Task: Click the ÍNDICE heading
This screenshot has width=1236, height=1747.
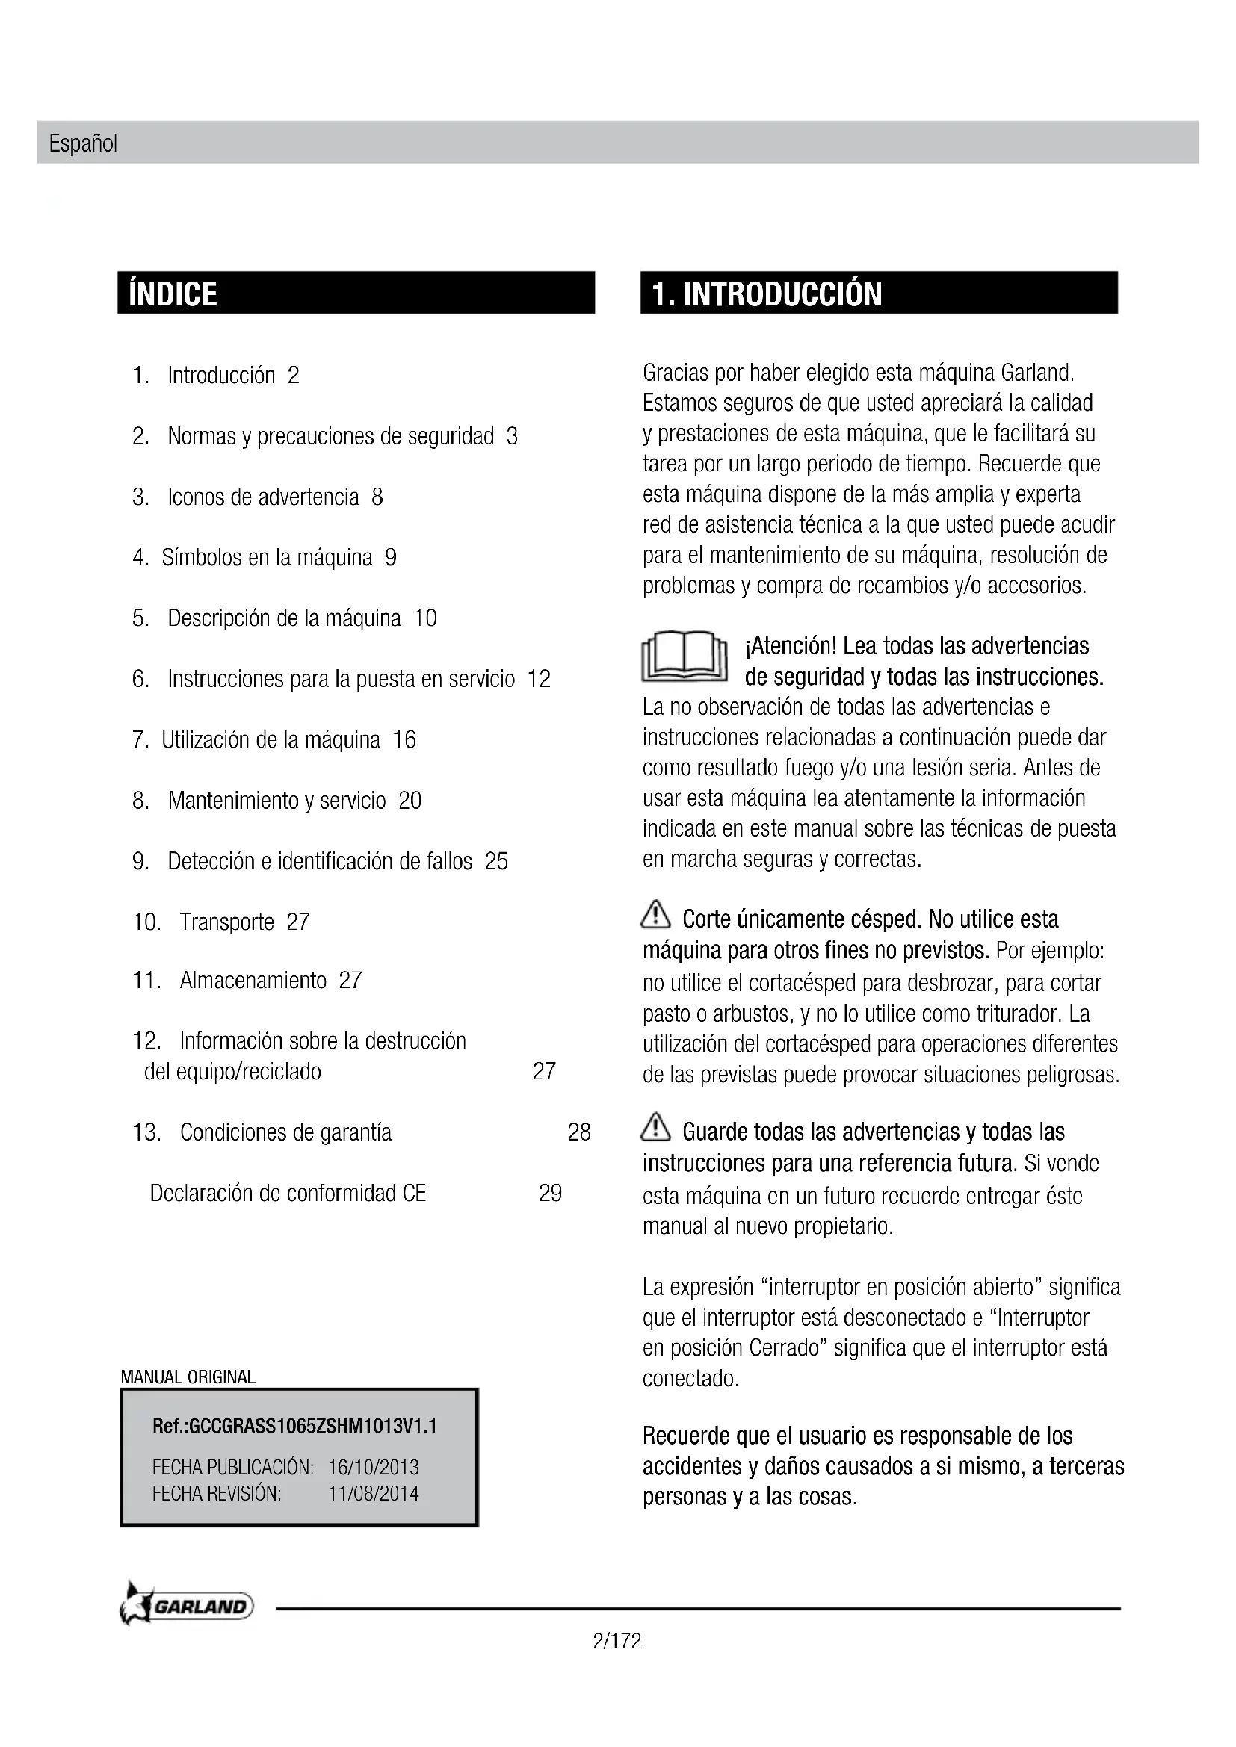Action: pos(173,294)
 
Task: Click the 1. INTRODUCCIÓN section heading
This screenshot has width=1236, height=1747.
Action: pos(767,294)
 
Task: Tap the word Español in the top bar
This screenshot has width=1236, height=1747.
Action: pos(83,143)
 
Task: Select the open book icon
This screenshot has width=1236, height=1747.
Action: pos(685,657)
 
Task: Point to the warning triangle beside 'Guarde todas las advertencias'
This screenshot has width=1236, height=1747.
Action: pos(655,1128)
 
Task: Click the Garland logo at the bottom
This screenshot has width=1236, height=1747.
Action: pos(188,1607)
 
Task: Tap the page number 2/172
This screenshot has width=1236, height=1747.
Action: pos(617,1641)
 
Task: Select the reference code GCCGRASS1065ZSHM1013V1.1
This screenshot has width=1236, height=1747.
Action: pos(294,1426)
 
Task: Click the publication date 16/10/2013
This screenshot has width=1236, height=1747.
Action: pos(373,1467)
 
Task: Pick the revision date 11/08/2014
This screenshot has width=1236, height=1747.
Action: pos(373,1493)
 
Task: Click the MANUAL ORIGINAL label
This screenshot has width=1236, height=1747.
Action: pos(188,1377)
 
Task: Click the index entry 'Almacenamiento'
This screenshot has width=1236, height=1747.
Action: pos(253,980)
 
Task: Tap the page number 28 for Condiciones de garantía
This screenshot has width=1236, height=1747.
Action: pos(579,1132)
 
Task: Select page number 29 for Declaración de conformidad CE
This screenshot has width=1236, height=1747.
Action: pos(549,1192)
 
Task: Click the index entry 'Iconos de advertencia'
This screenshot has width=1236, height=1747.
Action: pos(262,497)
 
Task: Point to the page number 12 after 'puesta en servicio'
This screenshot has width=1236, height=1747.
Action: pos(539,679)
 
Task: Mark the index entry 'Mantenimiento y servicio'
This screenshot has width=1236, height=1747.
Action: pos(276,801)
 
